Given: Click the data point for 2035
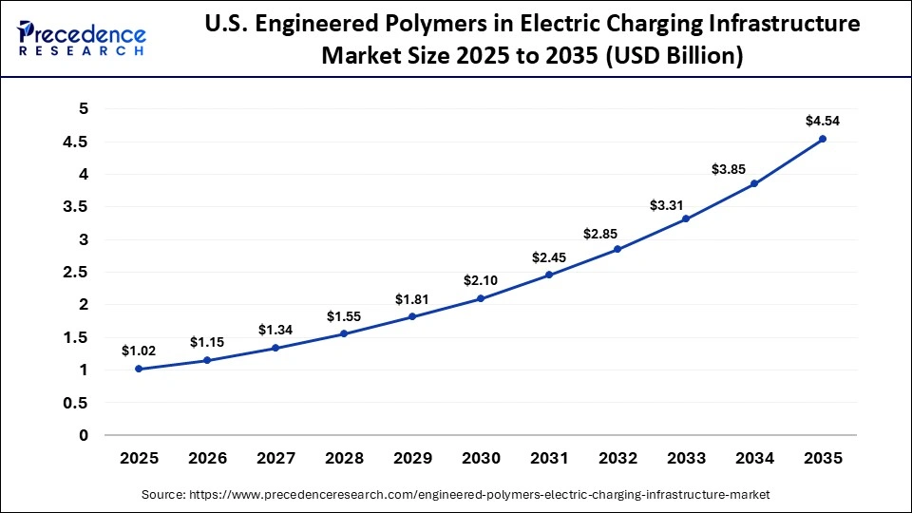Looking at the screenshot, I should pyautogui.click(x=822, y=139).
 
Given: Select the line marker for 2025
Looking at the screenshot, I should pyautogui.click(x=139, y=369).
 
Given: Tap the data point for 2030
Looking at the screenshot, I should pyautogui.click(x=481, y=298).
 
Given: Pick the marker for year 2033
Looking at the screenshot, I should pyautogui.click(x=686, y=219).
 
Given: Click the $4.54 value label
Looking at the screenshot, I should pyautogui.click(x=822, y=121).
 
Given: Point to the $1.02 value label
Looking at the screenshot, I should pyautogui.click(x=139, y=351).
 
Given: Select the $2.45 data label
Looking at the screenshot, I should pyautogui.click(x=549, y=256).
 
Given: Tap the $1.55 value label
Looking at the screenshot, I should pyautogui.click(x=344, y=315).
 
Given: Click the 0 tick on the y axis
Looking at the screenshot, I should pyautogui.click(x=84, y=435).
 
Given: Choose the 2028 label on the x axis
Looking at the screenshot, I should pyautogui.click(x=344, y=458).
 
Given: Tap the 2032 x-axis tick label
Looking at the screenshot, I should pyautogui.click(x=617, y=458).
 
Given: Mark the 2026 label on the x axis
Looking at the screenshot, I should pyautogui.click(x=207, y=458).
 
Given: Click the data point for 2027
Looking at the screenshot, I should pyautogui.click(x=275, y=348).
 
